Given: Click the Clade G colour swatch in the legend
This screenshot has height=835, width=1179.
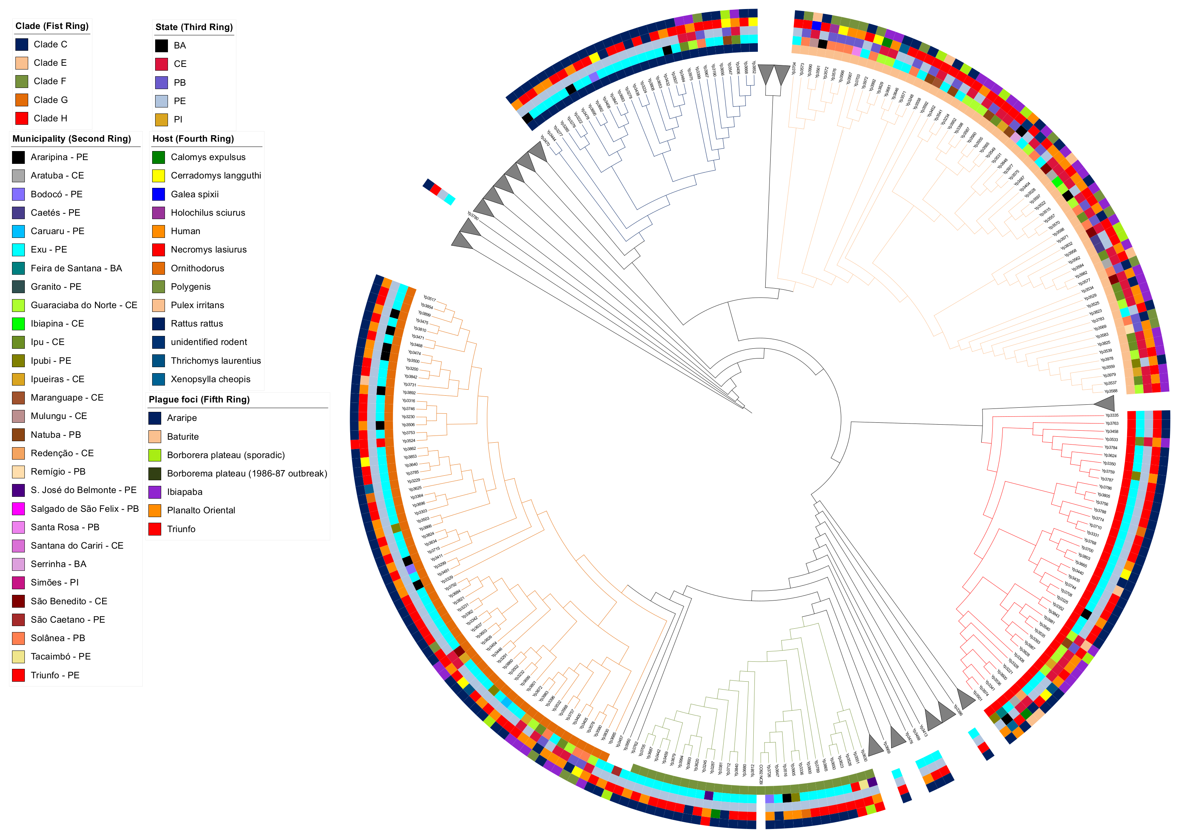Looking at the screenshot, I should tap(21, 100).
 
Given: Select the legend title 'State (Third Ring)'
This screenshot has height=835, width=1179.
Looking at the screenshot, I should tap(194, 27).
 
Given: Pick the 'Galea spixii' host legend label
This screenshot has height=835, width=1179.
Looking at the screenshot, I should tap(194, 194).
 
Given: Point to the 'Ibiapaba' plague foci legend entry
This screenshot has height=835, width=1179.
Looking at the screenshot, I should tap(184, 492).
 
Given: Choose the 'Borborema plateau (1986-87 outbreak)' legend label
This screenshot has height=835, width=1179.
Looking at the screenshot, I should tap(247, 473).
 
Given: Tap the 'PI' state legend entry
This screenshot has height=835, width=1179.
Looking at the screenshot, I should tap(178, 119).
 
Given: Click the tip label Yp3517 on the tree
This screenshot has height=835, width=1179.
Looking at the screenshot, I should tap(430, 298).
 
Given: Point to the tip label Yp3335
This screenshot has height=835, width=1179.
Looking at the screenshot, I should tap(1112, 416).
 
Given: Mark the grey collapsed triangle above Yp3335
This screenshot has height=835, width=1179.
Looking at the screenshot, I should tap(1105, 402).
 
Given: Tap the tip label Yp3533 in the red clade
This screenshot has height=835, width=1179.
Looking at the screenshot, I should tap(1111, 440).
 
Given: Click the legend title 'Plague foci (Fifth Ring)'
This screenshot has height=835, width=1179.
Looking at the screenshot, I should tap(199, 399).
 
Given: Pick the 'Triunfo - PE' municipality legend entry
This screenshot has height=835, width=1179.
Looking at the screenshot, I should tap(54, 675).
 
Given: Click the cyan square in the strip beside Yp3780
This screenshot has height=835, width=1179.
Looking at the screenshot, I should tap(450, 200).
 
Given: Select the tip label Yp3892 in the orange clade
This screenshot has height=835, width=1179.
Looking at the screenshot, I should tap(409, 392).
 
